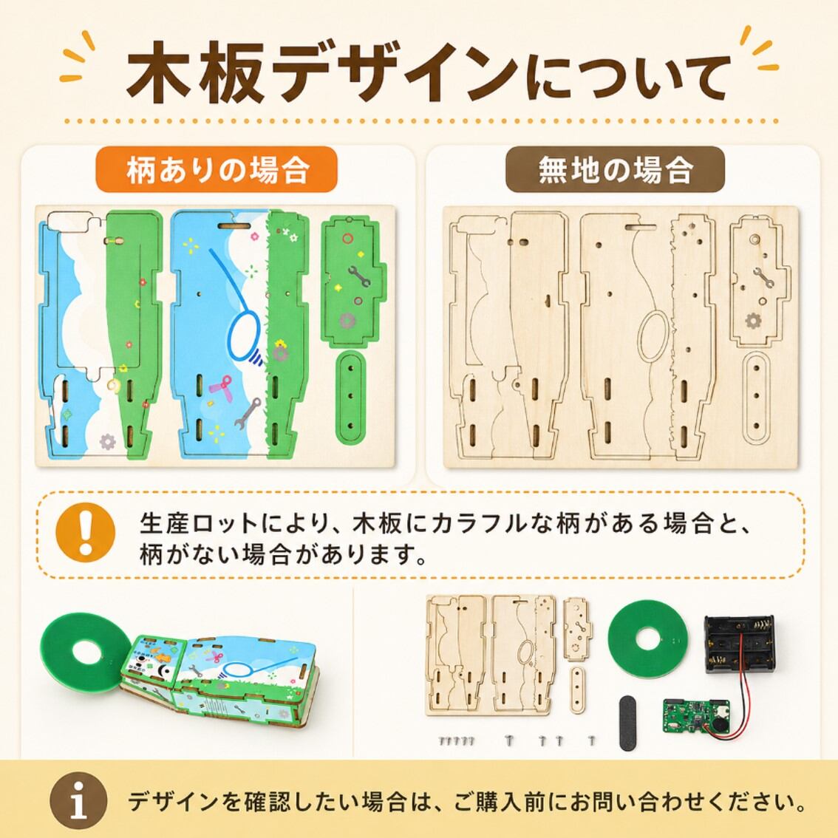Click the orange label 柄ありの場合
pyautogui.click(x=217, y=169)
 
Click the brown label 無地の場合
pyautogui.click(x=615, y=169)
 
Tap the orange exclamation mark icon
pyautogui.click(x=86, y=531)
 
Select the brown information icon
pyautogui.click(x=78, y=800)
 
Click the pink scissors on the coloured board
pyautogui.click(x=219, y=387)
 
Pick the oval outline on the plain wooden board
pyautogui.click(x=653, y=337)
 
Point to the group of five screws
pyautogui.click(x=457, y=740)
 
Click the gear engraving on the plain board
pyautogui.click(x=753, y=321)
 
